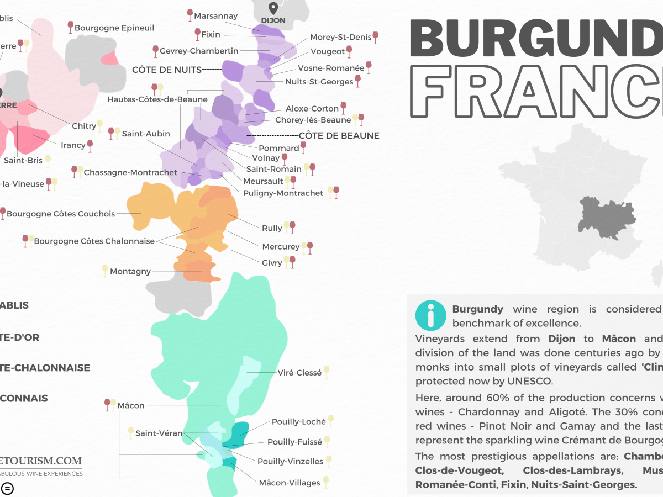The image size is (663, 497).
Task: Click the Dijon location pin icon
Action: point(272,8)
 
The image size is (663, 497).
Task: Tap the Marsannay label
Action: point(215,16)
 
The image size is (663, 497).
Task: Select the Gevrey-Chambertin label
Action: point(199,51)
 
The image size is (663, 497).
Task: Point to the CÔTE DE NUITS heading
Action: point(167,70)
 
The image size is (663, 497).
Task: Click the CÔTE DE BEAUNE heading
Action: point(339,135)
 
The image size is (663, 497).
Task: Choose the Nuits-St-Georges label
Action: point(319,82)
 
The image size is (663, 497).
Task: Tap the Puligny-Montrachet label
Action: point(283,193)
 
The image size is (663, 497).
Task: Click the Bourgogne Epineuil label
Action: point(114,28)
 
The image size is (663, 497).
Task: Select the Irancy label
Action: point(73,145)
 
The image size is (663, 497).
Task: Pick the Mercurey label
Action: point(281,247)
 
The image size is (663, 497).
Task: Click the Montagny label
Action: point(130,271)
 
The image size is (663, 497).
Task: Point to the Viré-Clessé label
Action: point(299,373)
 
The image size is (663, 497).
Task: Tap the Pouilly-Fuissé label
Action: point(294,442)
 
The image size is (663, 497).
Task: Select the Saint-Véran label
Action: point(159,433)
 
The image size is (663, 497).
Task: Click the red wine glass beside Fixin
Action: point(197,34)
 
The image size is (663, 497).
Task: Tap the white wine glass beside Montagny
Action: point(105,271)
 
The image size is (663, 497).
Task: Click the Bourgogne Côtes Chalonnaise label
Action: point(94,241)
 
